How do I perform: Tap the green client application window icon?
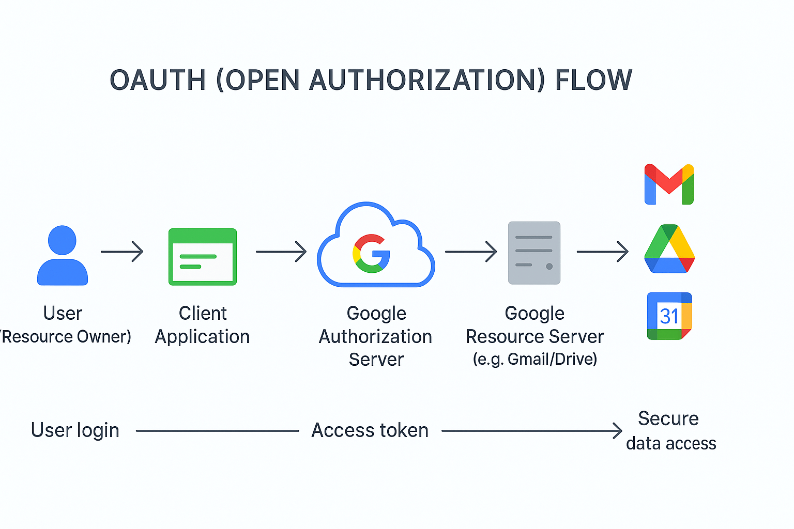[203, 257]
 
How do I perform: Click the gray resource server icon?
[534, 253]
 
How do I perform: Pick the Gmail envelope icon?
[669, 184]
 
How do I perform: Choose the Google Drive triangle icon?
[669, 250]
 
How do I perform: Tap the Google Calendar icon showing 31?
[669, 316]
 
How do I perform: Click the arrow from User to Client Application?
[122, 252]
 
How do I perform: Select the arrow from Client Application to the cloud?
[281, 252]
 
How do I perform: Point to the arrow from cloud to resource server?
[470, 252]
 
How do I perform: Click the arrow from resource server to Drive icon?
[602, 252]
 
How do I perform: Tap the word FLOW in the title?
[593, 81]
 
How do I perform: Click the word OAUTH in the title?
[158, 81]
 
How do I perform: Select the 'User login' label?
[75, 430]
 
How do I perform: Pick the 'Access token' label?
[370, 430]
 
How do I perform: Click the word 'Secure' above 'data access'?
[668, 418]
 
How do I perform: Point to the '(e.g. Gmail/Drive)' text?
[535, 359]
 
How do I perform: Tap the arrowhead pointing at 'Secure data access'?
[618, 430]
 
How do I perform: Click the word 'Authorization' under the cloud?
[375, 337]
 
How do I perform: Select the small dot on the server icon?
[549, 267]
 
